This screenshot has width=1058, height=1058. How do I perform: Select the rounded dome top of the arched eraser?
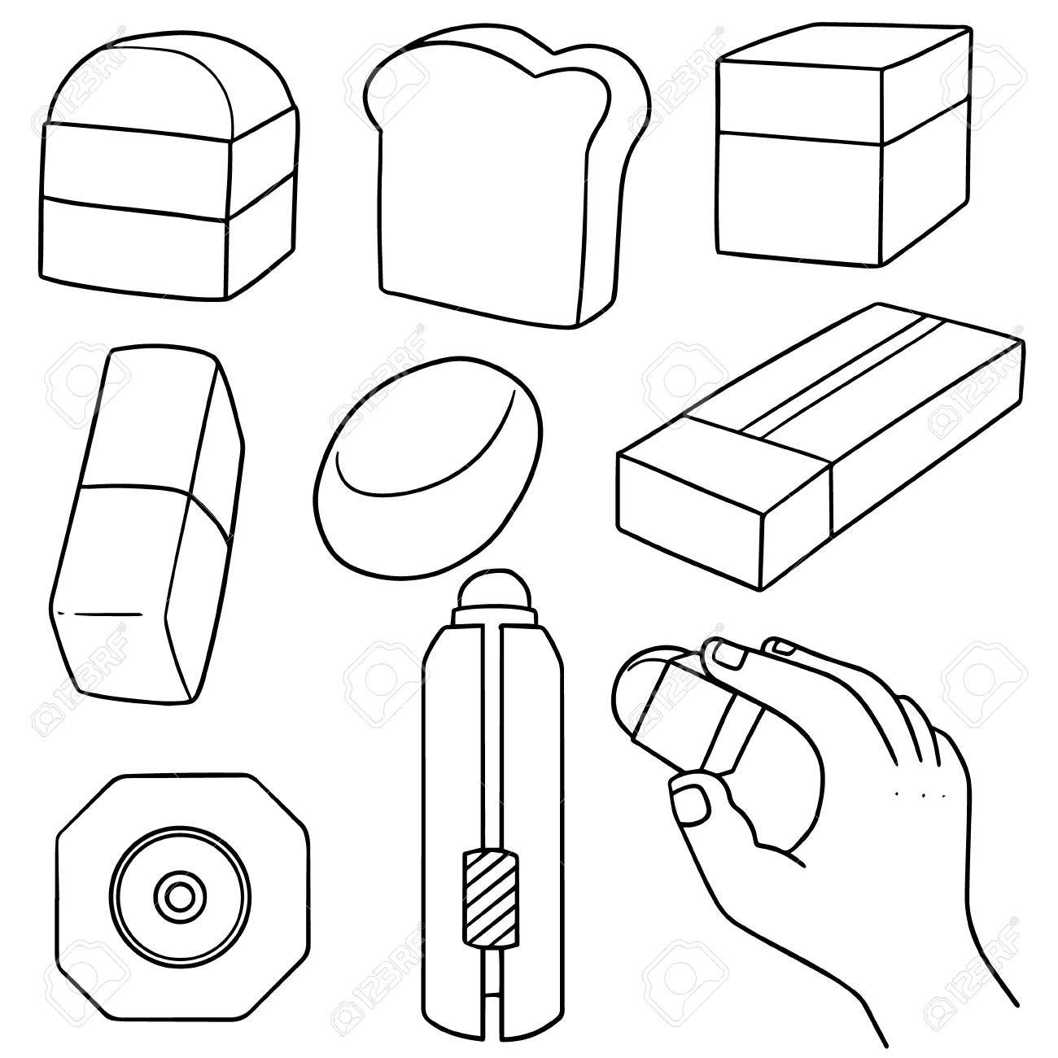pos(163,77)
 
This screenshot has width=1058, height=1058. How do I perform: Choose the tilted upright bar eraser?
pos(146,529)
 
